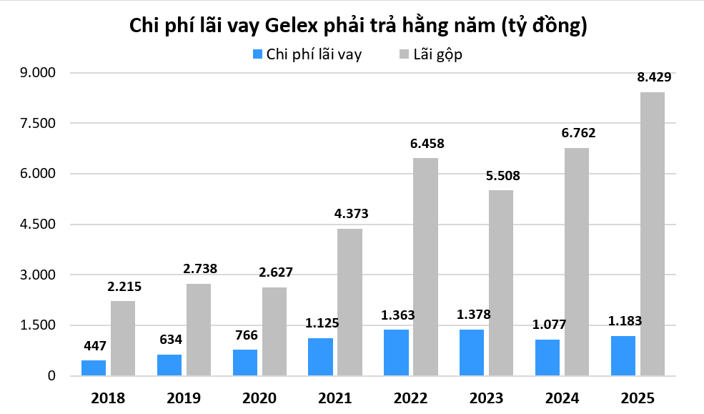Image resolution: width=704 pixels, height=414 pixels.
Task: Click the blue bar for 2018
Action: click(94, 368)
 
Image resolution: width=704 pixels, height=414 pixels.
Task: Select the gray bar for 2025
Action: click(653, 233)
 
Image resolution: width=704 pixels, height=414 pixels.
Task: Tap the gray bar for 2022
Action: click(425, 266)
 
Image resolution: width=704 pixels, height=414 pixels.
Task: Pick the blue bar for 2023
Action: click(472, 352)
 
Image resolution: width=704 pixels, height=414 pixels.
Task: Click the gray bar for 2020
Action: click(274, 331)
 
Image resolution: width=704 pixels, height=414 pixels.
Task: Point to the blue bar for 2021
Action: click(321, 356)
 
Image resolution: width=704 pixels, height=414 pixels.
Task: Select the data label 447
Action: click(94, 346)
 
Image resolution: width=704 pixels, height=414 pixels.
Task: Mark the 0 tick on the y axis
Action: click(51, 376)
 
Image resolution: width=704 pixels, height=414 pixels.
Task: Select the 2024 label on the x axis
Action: click(562, 398)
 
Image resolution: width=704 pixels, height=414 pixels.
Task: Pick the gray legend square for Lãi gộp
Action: click(405, 54)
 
